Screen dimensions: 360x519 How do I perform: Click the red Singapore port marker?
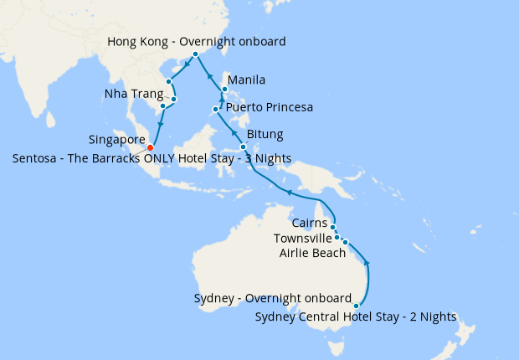(151, 148)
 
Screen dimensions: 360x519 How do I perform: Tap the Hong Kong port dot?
(195, 54)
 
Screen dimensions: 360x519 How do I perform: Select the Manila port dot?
(224, 89)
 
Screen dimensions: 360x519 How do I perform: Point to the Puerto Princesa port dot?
(216, 109)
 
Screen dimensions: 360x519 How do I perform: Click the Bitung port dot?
(243, 147)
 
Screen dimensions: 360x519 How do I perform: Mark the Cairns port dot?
(332, 227)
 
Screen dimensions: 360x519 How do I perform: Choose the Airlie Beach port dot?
(345, 242)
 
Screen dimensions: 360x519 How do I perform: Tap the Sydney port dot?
(357, 306)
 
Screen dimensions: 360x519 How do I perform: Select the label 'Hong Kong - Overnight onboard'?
(198, 41)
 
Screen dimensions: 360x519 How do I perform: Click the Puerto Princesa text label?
(270, 108)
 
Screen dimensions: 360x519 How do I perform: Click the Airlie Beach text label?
(312, 253)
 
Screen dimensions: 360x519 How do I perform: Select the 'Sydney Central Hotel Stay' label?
(356, 316)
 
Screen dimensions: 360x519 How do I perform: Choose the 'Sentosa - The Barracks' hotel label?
(152, 158)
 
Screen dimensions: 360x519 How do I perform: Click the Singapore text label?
(117, 139)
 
